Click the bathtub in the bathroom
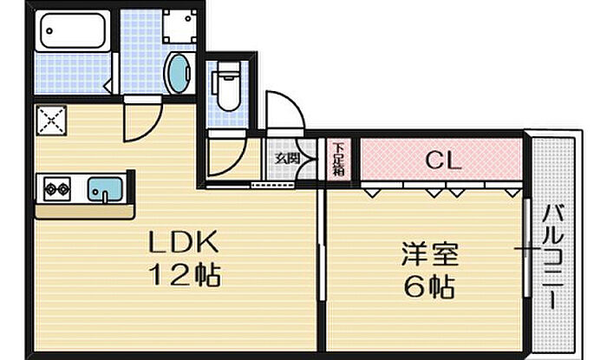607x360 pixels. point(73,31)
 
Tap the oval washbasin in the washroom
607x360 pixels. point(178,73)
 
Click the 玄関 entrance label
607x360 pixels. point(287,159)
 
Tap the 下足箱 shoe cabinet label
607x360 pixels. point(338,159)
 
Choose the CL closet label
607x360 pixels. point(441,160)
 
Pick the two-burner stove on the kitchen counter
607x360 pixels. point(58,187)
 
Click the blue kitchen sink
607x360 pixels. point(105,188)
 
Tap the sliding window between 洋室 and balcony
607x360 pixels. point(528,252)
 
